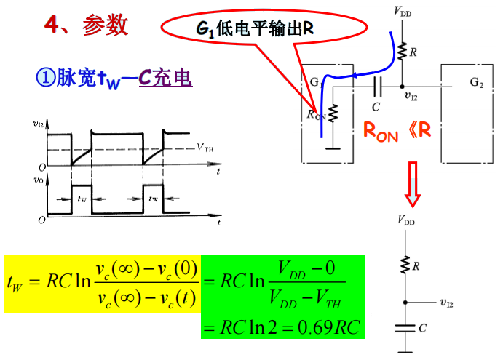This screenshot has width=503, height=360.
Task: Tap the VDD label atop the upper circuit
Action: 403,10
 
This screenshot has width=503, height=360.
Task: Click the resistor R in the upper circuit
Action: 402,51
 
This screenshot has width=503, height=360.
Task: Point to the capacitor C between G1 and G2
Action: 376,88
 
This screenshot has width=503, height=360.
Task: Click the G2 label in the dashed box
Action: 476,81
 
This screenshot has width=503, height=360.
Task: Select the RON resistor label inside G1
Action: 315,114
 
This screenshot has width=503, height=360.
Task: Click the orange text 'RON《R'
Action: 397,131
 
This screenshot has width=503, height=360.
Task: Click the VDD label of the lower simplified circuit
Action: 406,218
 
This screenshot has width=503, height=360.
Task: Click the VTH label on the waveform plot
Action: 205,148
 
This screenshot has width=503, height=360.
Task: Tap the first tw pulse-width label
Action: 82,198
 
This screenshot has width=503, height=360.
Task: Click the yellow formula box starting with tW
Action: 102,284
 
